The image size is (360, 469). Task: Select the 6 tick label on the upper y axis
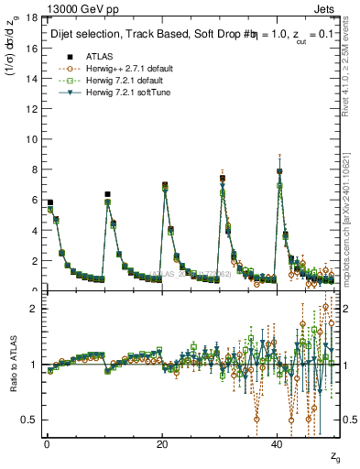pyautogui.click(x=34, y=200)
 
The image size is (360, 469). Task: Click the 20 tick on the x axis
pyautogui.click(x=161, y=444)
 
